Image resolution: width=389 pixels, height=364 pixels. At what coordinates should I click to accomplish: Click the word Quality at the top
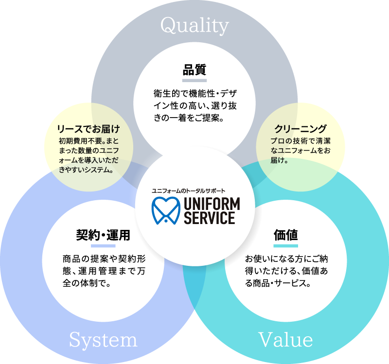[x=194, y=26]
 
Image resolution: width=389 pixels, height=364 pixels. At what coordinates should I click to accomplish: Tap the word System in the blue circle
[x=103, y=339]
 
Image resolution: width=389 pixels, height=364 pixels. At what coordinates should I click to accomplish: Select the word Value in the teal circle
[x=285, y=339]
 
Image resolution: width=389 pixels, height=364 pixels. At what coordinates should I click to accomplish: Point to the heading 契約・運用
[x=103, y=235]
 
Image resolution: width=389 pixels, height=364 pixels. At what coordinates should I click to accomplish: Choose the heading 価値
[x=285, y=235]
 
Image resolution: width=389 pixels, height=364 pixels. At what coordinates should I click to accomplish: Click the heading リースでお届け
[x=88, y=129]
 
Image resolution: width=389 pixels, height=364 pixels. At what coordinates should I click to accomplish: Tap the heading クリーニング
[x=300, y=129]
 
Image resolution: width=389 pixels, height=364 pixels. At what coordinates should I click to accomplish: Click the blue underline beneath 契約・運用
[x=103, y=246]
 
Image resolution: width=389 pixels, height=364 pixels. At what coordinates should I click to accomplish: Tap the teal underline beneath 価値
[x=285, y=246]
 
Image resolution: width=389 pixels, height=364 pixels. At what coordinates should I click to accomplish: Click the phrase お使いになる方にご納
[x=286, y=258]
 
